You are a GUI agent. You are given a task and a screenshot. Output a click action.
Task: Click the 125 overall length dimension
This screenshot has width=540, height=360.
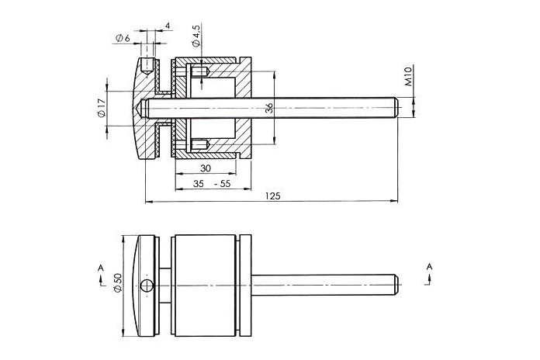(x=273, y=196)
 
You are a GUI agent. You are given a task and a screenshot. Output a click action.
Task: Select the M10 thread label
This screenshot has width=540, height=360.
(x=408, y=77)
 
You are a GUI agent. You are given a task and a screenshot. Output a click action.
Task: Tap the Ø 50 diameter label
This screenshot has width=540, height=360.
(x=118, y=283)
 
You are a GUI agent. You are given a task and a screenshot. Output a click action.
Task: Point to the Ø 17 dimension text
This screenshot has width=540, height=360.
(x=101, y=108)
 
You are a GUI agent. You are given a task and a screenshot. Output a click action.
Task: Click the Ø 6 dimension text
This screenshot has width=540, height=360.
(x=123, y=38)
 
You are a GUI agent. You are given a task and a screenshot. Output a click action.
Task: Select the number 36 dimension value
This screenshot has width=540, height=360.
(x=269, y=108)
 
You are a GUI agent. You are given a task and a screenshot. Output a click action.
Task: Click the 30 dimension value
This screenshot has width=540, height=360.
(x=206, y=168)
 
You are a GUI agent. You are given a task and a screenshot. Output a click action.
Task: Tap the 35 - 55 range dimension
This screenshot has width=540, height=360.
(x=212, y=184)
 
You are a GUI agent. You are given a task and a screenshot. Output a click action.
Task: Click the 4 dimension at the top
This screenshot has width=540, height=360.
(x=168, y=26)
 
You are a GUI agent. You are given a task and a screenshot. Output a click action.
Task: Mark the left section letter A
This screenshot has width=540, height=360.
(x=101, y=268)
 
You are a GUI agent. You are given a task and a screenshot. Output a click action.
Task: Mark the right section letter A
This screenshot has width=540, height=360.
(x=429, y=266)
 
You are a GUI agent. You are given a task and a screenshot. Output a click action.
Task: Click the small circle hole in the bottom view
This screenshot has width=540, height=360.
(x=147, y=286)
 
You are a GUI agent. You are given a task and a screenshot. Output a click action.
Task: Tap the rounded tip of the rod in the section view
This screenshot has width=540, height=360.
(x=396, y=108)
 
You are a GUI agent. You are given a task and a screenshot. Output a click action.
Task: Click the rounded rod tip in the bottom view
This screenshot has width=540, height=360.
(x=396, y=286)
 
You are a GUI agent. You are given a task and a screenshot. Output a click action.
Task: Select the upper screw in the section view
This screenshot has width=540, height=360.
(x=199, y=72)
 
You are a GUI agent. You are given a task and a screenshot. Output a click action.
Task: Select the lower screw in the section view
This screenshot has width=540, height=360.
(x=199, y=144)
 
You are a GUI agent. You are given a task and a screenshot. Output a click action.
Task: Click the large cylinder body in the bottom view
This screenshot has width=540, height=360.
(x=206, y=286)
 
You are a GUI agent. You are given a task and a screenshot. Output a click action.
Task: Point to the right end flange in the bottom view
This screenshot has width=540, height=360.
(x=245, y=286)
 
